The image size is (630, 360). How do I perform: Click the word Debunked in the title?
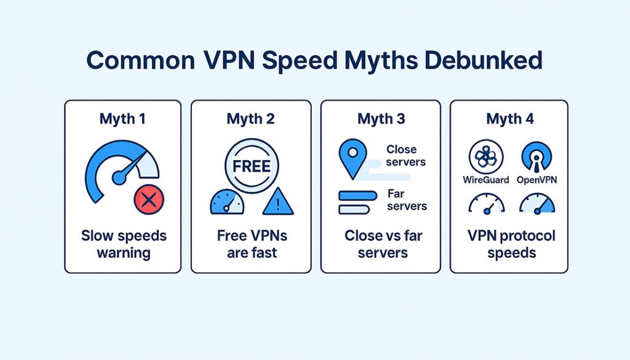pos(484,60)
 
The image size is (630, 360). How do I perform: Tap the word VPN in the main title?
pos(229,60)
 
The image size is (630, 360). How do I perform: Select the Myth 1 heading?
pos(122,119)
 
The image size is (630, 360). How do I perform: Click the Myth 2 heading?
pos(251,119)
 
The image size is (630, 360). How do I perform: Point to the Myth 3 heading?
pos(381,119)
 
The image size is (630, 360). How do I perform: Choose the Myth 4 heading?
pos(510,119)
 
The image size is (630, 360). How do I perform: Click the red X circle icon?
pos(149,199)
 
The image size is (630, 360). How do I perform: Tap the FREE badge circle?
pos(252,166)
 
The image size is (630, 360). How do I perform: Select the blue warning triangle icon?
pos(278,201)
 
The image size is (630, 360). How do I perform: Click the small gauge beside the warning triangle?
pos(227,202)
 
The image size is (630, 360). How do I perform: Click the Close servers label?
pos(406,156)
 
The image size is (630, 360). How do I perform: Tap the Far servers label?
pos(407,199)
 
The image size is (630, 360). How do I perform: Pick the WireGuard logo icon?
pos(486,157)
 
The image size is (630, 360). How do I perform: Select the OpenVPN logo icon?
pos(536,157)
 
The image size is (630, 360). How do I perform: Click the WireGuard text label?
pos(486,180)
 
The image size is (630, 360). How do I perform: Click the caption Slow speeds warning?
pos(124,244)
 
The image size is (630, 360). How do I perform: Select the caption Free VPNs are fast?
pos(252,244)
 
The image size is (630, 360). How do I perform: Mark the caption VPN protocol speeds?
pos(511,244)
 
